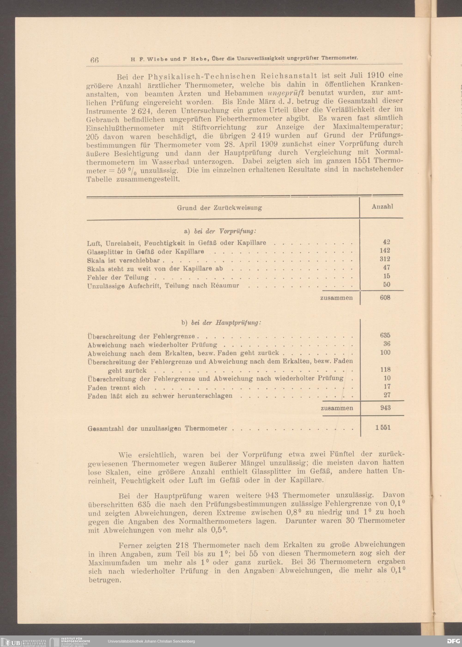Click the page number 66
[94, 60]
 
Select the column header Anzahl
[382, 207]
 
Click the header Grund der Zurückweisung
[219, 208]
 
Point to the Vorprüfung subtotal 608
[385, 298]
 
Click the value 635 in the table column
[385, 335]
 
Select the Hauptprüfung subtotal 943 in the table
[386, 408]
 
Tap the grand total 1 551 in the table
[383, 428]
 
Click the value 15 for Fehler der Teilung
[387, 276]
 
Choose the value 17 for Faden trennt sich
[387, 387]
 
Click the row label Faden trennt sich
[116, 388]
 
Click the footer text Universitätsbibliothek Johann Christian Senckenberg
[151, 641]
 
